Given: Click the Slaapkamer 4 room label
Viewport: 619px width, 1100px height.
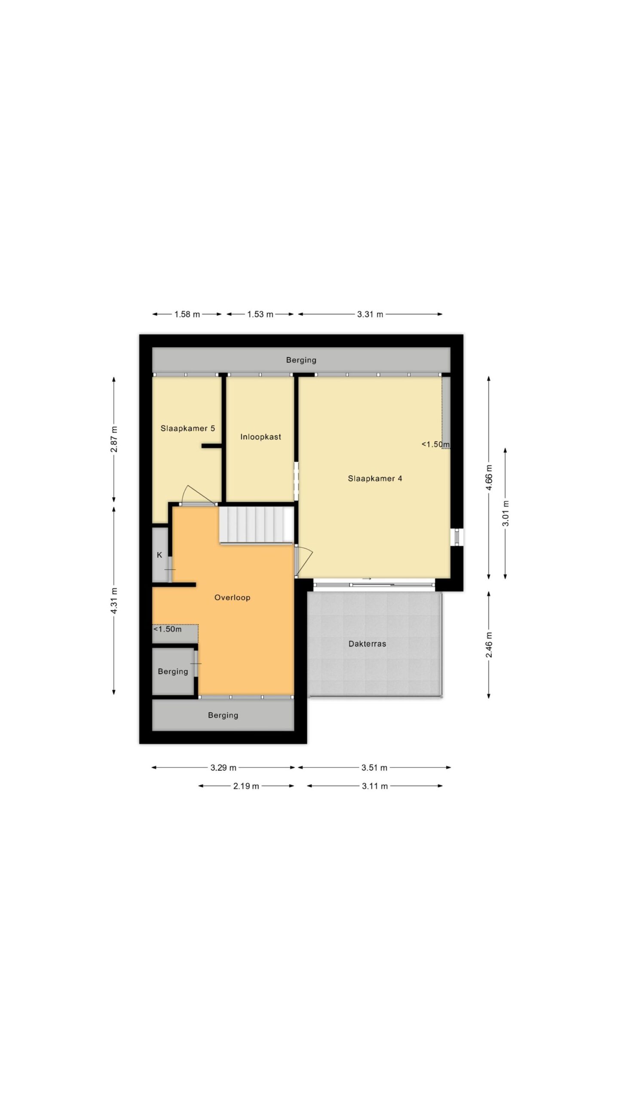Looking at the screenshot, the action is click(x=375, y=478).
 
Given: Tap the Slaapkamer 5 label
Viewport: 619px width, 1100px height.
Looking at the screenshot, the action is click(x=188, y=428).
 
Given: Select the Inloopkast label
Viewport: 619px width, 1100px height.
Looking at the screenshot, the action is click(x=260, y=437).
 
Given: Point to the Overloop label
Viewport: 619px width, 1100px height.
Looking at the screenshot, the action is click(x=232, y=597).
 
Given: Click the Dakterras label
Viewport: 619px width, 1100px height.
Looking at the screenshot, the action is click(x=367, y=644).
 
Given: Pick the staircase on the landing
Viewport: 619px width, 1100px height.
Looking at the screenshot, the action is click(x=257, y=525).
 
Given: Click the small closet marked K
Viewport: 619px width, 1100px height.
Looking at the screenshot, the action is click(x=159, y=555).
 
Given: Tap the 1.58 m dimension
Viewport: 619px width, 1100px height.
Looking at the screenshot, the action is click(x=187, y=314).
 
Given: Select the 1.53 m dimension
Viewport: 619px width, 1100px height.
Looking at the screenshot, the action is click(x=260, y=314).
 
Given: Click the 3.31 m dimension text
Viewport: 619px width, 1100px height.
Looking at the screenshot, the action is click(x=370, y=314).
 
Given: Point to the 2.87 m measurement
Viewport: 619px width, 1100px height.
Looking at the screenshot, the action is click(x=114, y=439).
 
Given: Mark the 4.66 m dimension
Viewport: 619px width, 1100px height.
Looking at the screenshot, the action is click(x=489, y=477).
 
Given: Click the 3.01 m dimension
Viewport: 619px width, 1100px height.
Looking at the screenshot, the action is click(x=506, y=513).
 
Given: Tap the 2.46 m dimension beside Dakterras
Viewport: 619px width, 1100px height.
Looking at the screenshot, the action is click(x=489, y=645).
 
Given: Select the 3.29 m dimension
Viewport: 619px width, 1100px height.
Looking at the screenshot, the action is click(x=224, y=767).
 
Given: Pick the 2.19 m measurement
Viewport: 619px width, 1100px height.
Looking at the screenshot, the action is click(x=246, y=786).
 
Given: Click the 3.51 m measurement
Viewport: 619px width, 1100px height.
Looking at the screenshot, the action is click(x=374, y=767).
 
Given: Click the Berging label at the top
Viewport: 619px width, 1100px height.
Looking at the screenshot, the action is click(x=301, y=360).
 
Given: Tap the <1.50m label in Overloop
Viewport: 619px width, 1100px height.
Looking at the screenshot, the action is click(x=168, y=629).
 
